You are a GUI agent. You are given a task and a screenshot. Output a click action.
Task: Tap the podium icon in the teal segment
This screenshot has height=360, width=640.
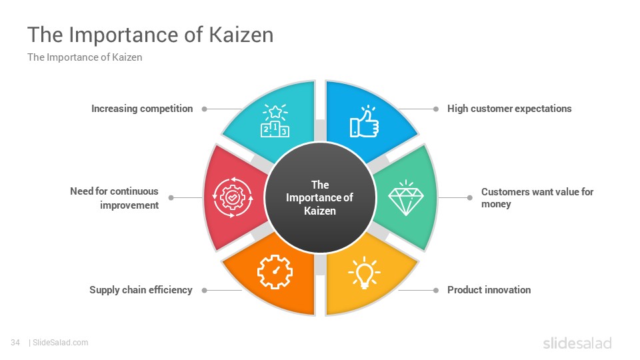(275, 121)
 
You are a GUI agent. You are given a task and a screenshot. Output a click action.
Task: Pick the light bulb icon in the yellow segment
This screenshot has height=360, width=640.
(364, 273)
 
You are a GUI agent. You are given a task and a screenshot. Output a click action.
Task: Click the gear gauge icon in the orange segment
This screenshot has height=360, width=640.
(275, 272)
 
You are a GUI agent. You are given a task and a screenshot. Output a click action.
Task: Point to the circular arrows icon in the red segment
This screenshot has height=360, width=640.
(233, 197)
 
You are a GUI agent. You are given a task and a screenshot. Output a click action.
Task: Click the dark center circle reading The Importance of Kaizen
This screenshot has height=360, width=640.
(320, 197)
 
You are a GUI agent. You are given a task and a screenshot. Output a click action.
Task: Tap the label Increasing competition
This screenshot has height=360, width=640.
(142, 109)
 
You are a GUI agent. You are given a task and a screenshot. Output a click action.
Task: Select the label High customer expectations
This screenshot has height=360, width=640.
(509, 109)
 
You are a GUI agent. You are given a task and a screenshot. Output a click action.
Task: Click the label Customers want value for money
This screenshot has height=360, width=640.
(537, 197)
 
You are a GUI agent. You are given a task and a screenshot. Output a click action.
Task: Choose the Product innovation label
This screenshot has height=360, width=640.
(489, 290)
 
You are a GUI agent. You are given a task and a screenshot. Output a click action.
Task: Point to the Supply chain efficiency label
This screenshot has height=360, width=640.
(141, 290)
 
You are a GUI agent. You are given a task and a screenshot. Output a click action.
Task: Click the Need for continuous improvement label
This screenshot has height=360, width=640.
(114, 198)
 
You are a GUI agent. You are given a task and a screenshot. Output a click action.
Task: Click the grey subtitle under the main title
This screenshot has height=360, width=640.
(85, 57)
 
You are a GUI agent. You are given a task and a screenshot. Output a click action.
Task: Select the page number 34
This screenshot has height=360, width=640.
(15, 343)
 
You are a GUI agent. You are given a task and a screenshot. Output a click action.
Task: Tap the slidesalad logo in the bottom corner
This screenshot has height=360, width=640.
(577, 343)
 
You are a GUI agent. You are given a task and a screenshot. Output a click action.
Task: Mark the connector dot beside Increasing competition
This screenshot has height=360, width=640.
(205, 109)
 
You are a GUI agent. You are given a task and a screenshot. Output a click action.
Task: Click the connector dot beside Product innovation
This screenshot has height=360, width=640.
(436, 290)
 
